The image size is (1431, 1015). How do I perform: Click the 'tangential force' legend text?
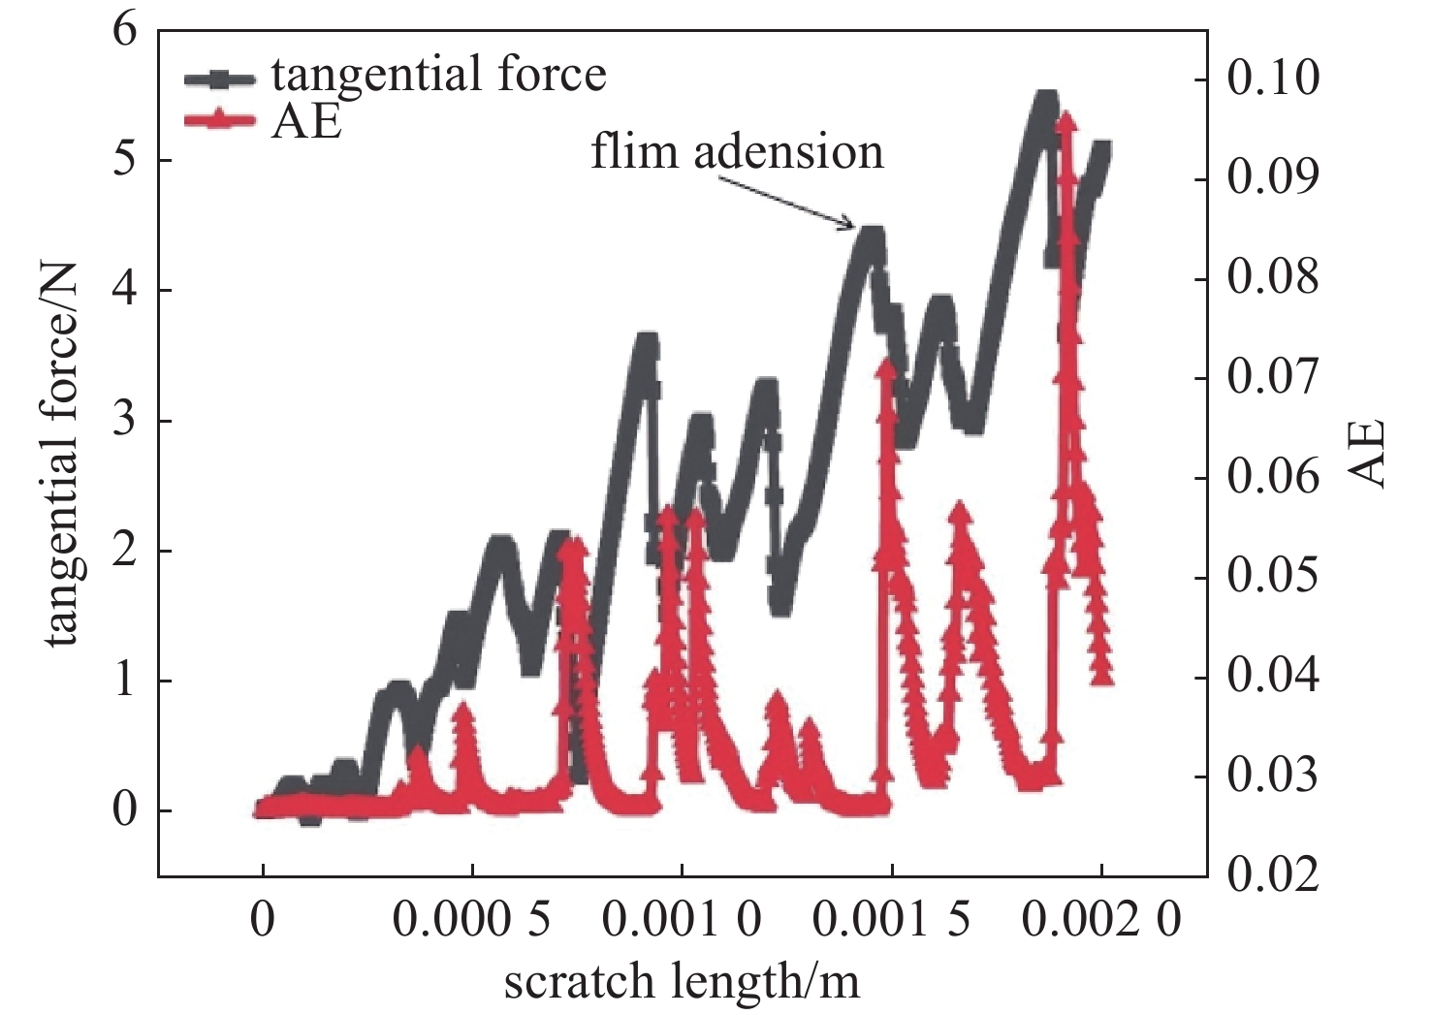click(438, 75)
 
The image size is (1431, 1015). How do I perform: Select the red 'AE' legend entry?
click(305, 122)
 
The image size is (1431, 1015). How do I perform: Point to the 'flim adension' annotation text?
click(737, 152)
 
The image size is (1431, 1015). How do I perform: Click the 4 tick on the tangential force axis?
click(125, 290)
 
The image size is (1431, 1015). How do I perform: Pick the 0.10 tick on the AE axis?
click(1273, 78)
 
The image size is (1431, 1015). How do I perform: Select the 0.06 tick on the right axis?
click(1273, 477)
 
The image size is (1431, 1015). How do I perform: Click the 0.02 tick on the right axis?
click(1273, 875)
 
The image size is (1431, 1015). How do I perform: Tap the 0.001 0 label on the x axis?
click(682, 920)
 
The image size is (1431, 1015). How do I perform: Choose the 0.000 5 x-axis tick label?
click(472, 920)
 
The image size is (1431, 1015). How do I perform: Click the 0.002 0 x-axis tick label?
click(1101, 920)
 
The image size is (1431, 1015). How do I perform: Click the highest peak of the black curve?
click(1044, 97)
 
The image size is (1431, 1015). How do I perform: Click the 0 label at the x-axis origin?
click(262, 920)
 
